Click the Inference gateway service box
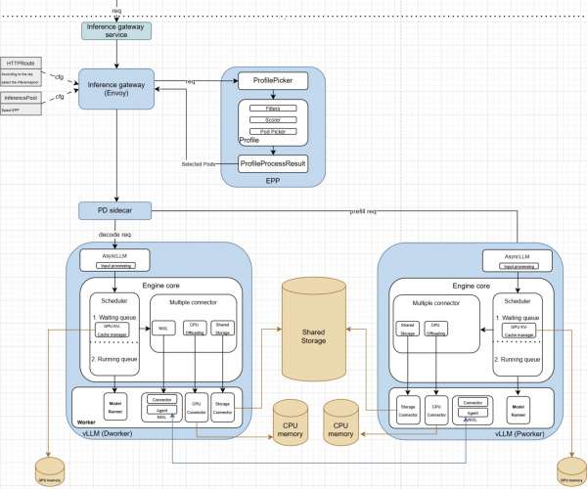[x=116, y=30]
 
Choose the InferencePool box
[x=21, y=98]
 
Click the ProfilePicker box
[x=274, y=80]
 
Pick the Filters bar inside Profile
[x=274, y=108]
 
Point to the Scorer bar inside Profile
[x=274, y=119]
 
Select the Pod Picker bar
[x=274, y=131]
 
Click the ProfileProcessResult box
[x=274, y=163]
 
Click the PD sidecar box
[x=116, y=210]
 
